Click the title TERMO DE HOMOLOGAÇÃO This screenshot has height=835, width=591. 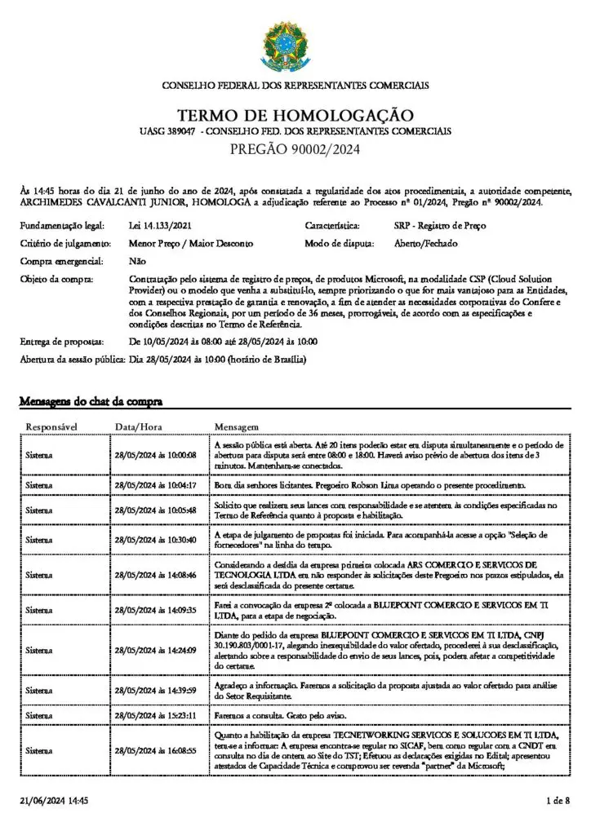[x=295, y=116]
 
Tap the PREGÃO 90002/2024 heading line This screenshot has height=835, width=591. [x=295, y=149]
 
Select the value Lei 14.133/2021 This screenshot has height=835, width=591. [x=161, y=224]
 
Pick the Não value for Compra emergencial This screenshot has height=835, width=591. [x=137, y=261]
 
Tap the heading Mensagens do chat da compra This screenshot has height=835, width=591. [x=91, y=401]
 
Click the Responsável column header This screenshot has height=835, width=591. [x=52, y=426]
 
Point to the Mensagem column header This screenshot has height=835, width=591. [x=237, y=426]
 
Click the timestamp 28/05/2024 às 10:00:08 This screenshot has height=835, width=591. [x=156, y=454]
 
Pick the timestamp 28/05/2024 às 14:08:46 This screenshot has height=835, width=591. [x=156, y=575]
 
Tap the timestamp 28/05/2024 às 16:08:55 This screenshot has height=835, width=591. [x=156, y=749]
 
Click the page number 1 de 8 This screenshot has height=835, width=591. [x=558, y=802]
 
